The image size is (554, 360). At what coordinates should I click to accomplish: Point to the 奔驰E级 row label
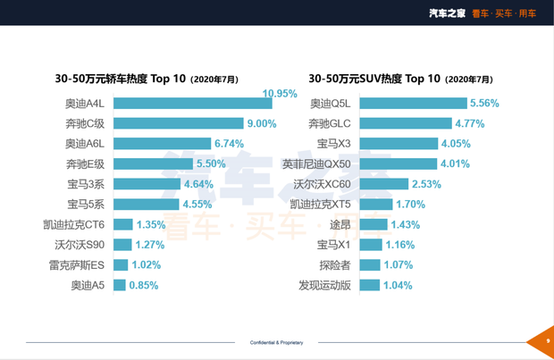86,163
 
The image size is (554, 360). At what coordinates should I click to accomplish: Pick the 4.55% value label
198,205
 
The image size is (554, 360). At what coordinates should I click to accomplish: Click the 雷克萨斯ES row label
77,265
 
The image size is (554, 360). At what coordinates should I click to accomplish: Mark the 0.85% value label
144,286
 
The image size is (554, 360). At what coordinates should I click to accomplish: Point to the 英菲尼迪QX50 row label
316,163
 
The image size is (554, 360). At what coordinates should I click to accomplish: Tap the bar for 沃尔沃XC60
383,184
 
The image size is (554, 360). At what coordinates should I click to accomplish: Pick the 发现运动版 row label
325,286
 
